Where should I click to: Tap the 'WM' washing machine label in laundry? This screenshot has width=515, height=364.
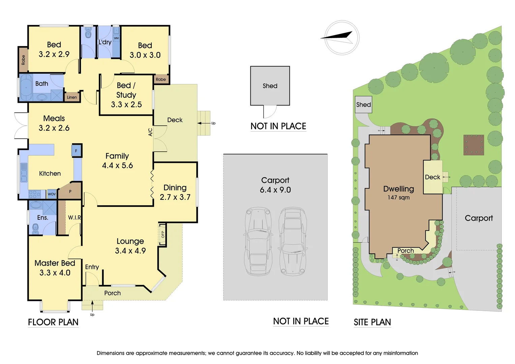[x=116, y=38]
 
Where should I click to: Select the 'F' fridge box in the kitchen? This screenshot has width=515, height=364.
[x=76, y=151]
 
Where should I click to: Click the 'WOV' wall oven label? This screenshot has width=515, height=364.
[x=52, y=194]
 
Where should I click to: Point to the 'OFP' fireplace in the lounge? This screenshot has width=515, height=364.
[x=162, y=234]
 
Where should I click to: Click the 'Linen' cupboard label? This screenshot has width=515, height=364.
[x=72, y=97]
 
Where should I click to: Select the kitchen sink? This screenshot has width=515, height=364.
[x=24, y=173]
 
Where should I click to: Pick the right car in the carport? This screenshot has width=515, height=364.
[x=293, y=241]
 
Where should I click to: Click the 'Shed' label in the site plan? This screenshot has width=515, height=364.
[x=363, y=105]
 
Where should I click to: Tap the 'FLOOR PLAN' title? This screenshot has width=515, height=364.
[x=53, y=322]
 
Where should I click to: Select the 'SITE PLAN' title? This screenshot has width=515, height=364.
[x=372, y=323]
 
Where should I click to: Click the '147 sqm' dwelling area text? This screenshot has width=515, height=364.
[x=398, y=198]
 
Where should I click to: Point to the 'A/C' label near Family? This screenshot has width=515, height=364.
[x=150, y=132]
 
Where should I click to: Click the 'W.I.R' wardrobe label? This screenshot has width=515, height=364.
[x=74, y=218]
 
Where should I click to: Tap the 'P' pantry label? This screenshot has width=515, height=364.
[x=70, y=191]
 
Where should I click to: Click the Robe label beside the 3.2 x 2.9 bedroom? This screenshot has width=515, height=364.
[x=23, y=60]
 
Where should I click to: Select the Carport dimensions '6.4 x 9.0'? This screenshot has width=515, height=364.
[x=275, y=190]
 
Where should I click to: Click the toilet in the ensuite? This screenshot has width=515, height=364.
[x=36, y=229]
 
